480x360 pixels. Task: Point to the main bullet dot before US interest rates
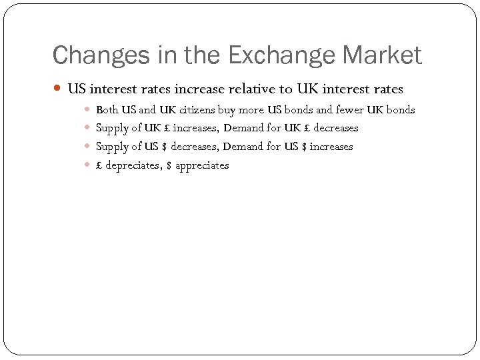pos(58,89)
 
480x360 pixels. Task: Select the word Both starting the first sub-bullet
pos(107,109)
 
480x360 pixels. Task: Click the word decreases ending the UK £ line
pos(335,128)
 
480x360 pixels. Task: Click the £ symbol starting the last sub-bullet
pos(99,165)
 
